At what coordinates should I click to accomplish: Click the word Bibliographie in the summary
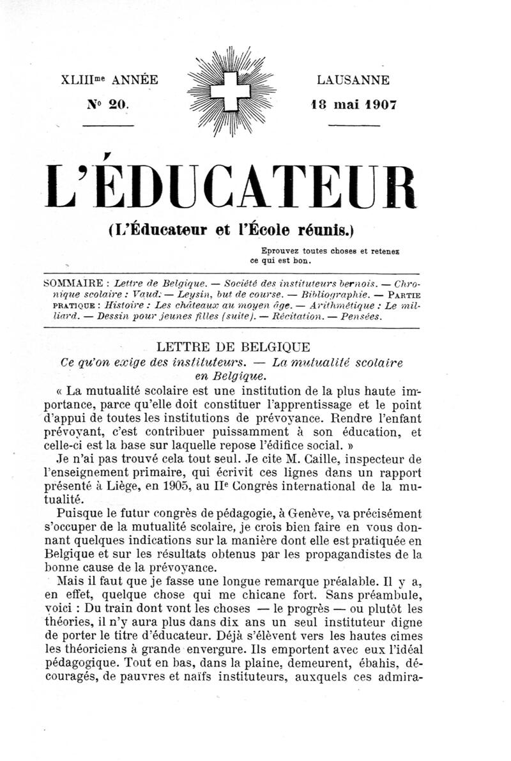[335, 295]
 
